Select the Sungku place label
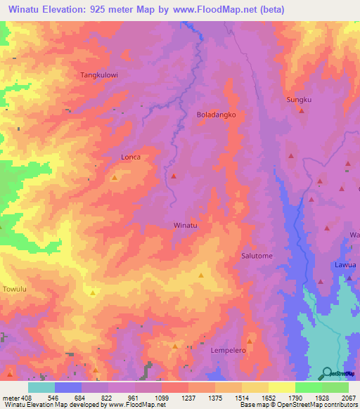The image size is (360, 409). tap(298, 100)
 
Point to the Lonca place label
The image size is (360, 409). tap(131, 157)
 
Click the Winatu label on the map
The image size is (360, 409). tap(185, 226)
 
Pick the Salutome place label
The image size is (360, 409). tap(257, 257)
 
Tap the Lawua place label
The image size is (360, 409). tap(346, 266)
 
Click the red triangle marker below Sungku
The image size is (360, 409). tap(301, 110)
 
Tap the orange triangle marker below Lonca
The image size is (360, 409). tap(114, 178)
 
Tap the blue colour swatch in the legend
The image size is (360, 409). tap(68, 387)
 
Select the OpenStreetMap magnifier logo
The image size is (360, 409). tap(326, 373)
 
